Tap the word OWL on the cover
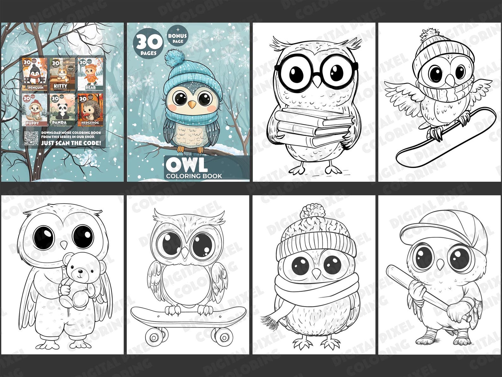tap(187, 165)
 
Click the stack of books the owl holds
tap(314, 127)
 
